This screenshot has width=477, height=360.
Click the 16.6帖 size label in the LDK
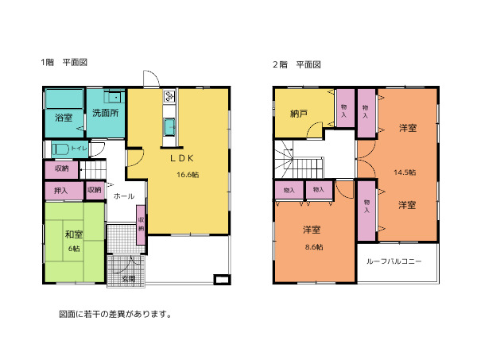[x=188, y=175]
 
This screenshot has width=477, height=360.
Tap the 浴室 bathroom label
[x=64, y=118]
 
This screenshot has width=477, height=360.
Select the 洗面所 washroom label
[x=105, y=113]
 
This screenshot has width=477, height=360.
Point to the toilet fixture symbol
[x=60, y=149]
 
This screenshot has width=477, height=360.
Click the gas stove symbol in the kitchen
[x=169, y=97]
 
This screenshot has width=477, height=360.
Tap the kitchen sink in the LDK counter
[x=169, y=127]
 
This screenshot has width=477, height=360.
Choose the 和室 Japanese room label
[x=74, y=234]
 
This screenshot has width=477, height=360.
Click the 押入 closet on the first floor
[x=64, y=191]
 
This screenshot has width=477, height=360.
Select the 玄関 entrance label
[x=128, y=278]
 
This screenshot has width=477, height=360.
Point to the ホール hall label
[x=124, y=196]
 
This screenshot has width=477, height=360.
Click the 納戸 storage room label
[x=298, y=114]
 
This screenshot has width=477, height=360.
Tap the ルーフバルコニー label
[x=394, y=261]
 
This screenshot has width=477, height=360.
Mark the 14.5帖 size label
[x=405, y=172]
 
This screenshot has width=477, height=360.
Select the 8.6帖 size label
[x=314, y=247]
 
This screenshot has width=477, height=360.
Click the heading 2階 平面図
[x=297, y=64]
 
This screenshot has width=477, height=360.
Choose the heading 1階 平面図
[x=64, y=62]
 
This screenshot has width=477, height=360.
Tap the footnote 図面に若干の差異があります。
[x=115, y=314]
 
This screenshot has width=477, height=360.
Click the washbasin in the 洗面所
[x=114, y=97]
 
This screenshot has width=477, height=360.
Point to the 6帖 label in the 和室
[x=74, y=249]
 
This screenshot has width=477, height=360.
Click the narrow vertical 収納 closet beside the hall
[x=141, y=225]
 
